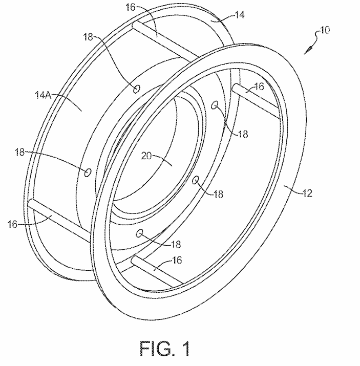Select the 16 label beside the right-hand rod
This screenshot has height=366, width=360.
[260, 87]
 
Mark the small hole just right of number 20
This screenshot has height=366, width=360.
[195, 180]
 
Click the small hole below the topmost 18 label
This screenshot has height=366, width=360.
[136, 89]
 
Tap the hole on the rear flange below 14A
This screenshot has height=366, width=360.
[88, 171]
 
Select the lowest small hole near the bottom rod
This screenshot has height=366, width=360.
[138, 233]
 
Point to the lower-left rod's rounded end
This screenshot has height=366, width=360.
[31, 203]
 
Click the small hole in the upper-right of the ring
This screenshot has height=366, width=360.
[216, 106]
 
